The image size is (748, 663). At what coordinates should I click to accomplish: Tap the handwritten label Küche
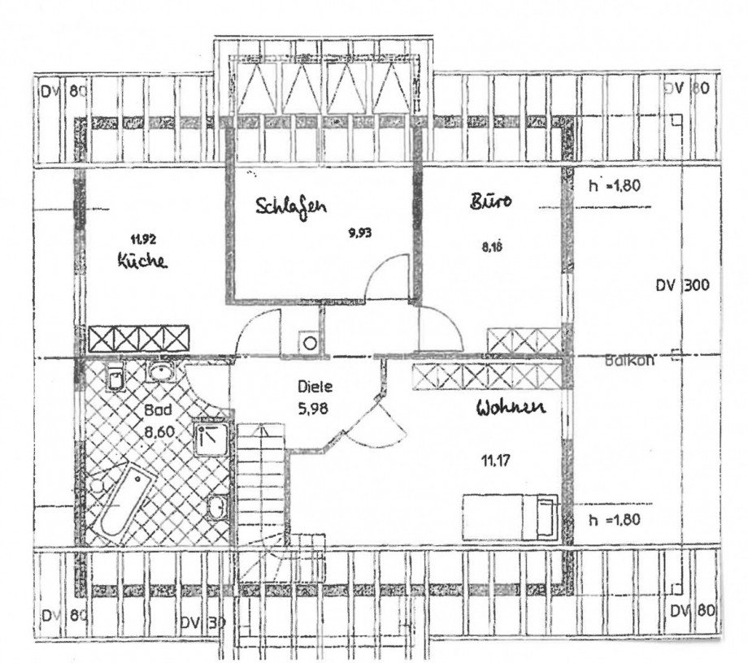click(141, 262)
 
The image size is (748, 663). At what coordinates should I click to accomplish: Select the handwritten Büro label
click(489, 201)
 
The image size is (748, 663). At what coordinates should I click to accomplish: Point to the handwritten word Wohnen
click(510, 409)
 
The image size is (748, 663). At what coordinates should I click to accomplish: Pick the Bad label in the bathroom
click(159, 410)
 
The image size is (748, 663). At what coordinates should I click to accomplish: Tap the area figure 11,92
click(143, 239)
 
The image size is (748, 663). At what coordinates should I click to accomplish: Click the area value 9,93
click(359, 232)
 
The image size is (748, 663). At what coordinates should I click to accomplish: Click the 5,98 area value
click(313, 409)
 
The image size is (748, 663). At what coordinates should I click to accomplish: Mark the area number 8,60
click(160, 432)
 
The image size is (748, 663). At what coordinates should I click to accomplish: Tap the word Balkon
click(629, 363)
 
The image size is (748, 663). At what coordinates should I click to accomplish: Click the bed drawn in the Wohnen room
click(510, 516)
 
